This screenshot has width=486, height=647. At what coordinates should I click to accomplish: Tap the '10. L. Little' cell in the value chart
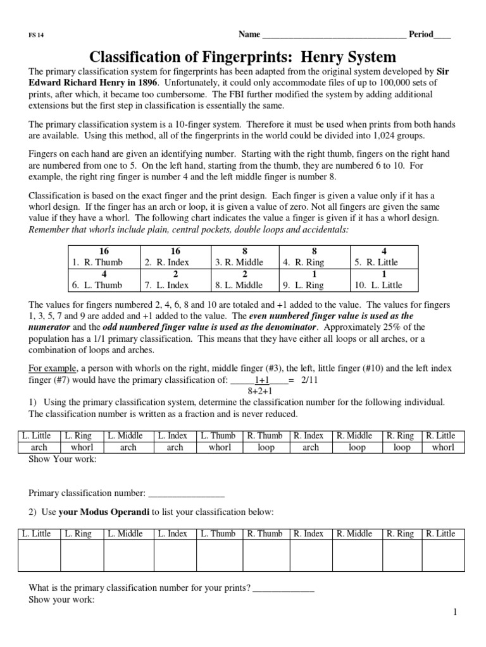tap(382, 285)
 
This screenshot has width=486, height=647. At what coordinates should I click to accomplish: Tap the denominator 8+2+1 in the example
tap(260, 390)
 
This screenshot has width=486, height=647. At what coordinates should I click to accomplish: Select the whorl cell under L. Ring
tap(82, 447)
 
